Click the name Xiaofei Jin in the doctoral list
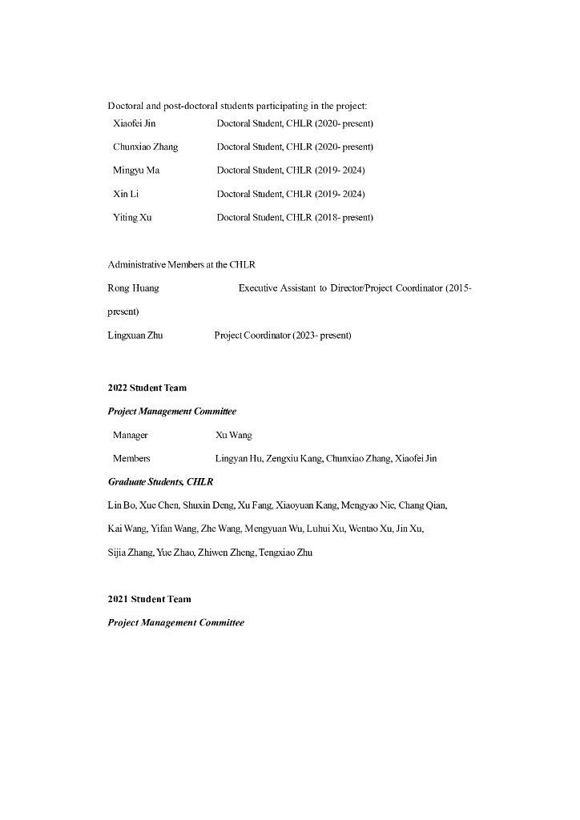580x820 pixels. tap(134, 123)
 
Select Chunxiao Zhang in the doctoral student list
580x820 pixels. tap(145, 147)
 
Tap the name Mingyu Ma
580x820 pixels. tap(136, 170)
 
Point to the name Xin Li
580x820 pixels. tap(127, 194)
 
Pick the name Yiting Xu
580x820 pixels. tap(132, 217)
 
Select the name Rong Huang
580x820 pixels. tap(133, 287)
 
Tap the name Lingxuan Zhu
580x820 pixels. tap(135, 335)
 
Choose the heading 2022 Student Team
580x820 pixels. tap(147, 388)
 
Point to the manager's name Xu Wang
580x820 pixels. tap(233, 435)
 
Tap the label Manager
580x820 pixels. tap(130, 435)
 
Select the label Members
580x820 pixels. tap(131, 458)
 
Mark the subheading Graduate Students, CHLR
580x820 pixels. tap(160, 482)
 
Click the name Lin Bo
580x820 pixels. tap(121, 505)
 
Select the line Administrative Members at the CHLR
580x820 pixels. tap(181, 264)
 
